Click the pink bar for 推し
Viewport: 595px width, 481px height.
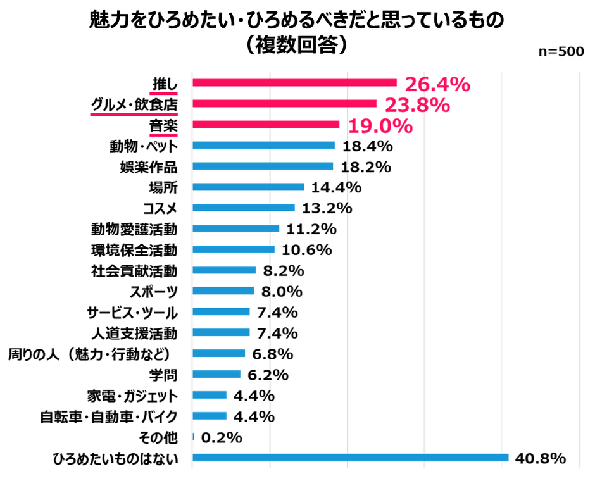[294, 83]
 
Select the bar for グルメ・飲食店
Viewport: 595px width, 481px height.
[284, 104]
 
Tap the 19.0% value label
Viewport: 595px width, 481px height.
[379, 125]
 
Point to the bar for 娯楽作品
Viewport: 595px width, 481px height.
[263, 166]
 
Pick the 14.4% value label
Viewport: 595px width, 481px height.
[335, 187]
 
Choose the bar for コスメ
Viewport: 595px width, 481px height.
[244, 208]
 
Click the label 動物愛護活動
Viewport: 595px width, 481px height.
[134, 228]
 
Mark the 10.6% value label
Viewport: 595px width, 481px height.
[306, 249]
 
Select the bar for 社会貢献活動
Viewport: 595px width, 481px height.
[224, 270]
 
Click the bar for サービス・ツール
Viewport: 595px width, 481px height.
[221, 311]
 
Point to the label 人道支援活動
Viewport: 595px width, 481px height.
[134, 332]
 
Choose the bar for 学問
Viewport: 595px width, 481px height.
[216, 374]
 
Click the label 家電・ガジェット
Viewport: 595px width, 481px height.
[132, 396]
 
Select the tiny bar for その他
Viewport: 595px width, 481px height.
[193, 437]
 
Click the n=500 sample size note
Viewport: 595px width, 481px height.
[560, 53]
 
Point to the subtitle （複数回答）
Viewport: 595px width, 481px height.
[297, 45]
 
